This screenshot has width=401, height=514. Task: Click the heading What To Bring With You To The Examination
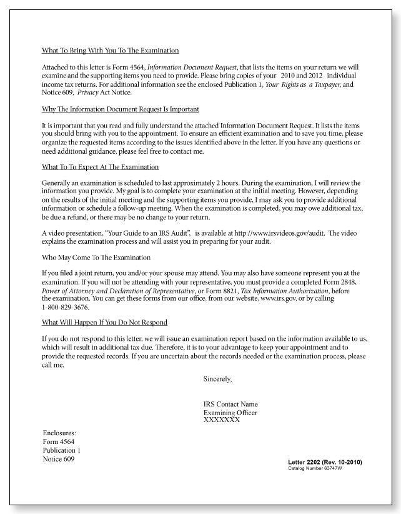point(110,50)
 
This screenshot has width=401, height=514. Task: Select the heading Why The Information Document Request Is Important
point(121,109)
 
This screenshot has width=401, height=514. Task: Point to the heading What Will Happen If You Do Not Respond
point(104,323)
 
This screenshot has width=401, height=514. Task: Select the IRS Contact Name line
point(230,404)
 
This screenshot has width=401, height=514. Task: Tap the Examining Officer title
point(230,413)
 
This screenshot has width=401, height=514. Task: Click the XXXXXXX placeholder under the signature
point(221,420)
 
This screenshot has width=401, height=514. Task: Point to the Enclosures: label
point(59,433)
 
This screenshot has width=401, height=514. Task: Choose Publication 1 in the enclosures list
point(61,450)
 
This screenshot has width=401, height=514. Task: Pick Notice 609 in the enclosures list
point(59,459)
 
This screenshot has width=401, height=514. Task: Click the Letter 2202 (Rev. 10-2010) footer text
point(325,462)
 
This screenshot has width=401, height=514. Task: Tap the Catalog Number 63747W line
point(315,468)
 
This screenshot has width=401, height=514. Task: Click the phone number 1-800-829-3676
point(65,307)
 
